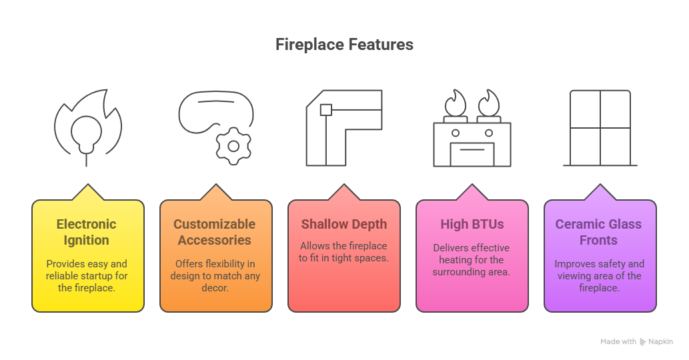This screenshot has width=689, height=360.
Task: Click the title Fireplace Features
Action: (344, 45)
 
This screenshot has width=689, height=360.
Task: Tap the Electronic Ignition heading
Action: (87, 232)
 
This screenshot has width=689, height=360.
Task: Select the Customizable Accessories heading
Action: (214, 232)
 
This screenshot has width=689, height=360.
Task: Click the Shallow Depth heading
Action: (344, 225)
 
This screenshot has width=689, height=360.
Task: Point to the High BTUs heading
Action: (472, 225)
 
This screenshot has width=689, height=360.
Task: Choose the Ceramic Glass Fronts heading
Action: (598, 232)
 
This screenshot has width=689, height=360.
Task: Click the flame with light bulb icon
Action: (88, 128)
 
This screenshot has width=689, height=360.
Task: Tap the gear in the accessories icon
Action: (233, 146)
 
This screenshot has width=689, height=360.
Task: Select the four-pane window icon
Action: (600, 128)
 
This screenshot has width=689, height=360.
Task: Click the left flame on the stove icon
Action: (456, 103)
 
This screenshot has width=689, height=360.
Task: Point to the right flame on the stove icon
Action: (489, 103)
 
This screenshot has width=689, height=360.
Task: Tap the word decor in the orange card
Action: (215, 288)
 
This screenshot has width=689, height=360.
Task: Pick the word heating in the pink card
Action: (455, 260)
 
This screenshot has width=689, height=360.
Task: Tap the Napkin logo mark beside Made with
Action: (642, 341)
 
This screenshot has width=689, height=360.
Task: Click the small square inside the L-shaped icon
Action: (326, 110)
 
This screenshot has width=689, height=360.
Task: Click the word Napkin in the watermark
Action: (661, 341)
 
